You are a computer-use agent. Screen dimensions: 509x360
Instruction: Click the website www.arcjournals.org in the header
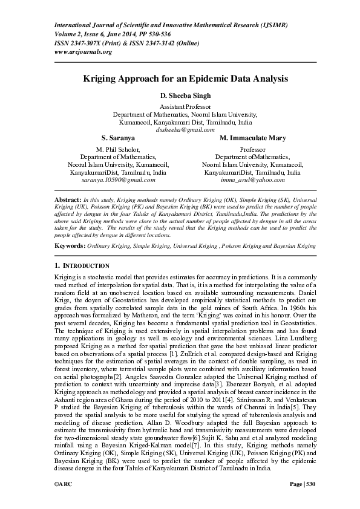coord(83,52)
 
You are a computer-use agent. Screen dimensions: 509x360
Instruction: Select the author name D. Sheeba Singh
coord(185,96)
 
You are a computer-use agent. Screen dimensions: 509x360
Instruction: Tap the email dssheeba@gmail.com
coord(185,129)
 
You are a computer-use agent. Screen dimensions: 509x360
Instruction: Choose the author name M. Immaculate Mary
coord(252,138)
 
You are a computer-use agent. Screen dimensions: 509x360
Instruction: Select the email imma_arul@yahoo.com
coord(252,180)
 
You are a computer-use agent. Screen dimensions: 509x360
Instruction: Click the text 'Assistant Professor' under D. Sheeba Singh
coord(185,106)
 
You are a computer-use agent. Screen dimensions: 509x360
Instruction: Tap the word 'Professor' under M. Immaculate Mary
coord(252,149)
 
